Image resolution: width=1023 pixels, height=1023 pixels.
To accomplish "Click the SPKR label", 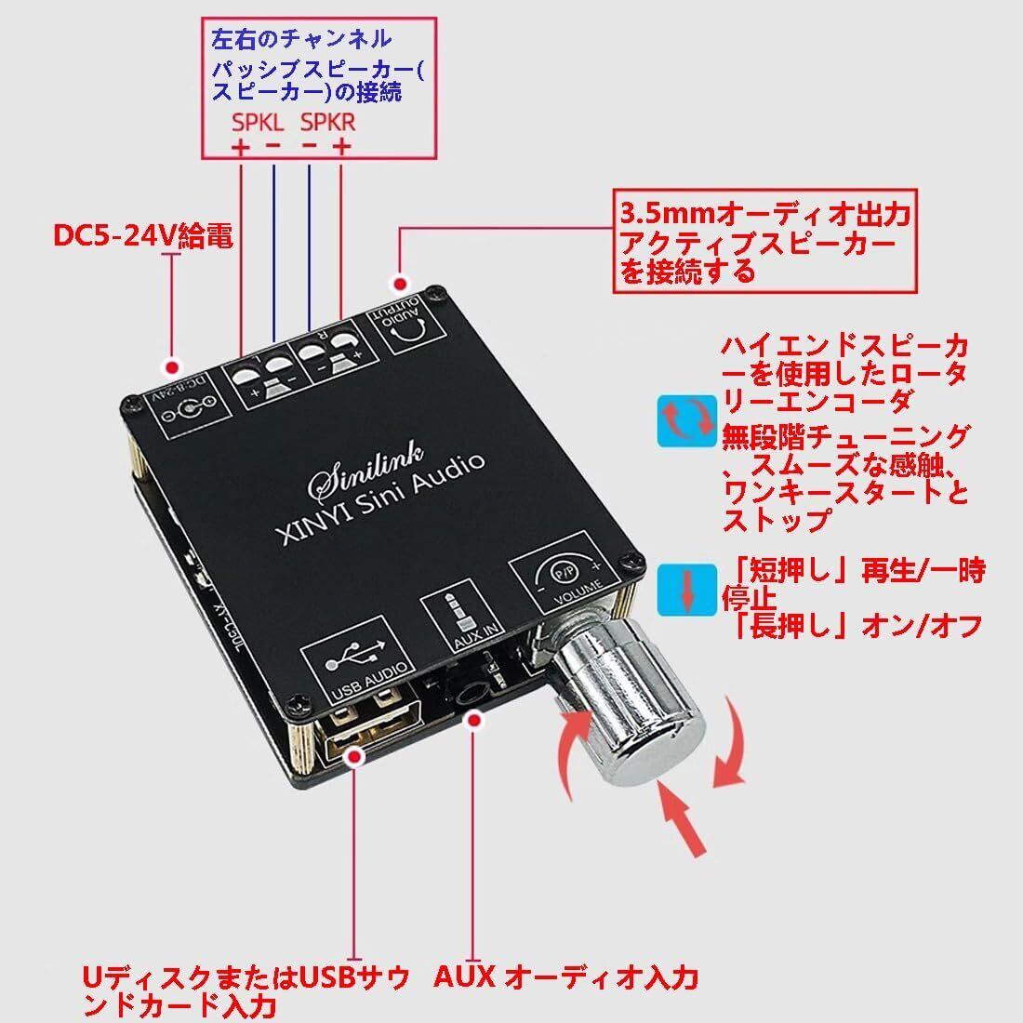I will [327, 123].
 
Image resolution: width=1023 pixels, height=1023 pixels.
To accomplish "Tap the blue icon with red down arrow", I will [687, 588].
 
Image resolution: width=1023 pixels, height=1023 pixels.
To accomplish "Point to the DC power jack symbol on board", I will [191, 406].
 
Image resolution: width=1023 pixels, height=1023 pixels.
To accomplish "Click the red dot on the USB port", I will [354, 757].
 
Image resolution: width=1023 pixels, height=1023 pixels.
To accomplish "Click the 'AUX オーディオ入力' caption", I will [565, 976].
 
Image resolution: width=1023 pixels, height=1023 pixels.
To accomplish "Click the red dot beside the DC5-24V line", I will [171, 365].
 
